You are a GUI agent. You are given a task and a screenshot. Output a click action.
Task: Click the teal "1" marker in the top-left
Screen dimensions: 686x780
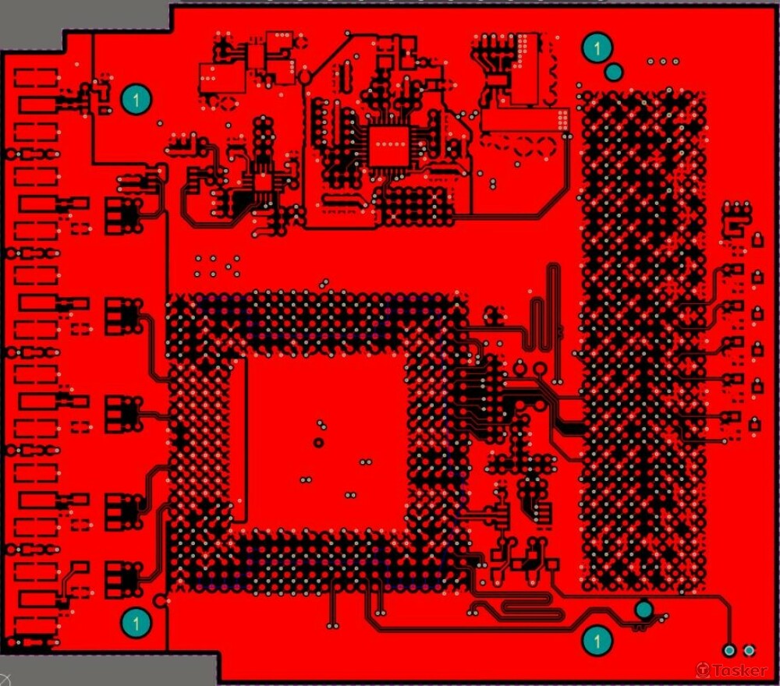(136, 99)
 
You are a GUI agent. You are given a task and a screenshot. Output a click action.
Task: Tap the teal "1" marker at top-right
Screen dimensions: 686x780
(597, 48)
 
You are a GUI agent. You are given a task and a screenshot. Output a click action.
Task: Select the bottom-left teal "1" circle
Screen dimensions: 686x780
(136, 622)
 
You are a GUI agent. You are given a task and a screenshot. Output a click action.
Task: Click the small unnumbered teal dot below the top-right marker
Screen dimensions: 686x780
(614, 72)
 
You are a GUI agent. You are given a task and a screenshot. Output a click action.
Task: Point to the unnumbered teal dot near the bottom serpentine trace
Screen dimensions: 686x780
(643, 609)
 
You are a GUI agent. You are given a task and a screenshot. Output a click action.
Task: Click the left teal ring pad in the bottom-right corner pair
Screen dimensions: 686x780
(729, 650)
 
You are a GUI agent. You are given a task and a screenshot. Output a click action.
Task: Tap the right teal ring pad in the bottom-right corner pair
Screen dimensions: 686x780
(749, 650)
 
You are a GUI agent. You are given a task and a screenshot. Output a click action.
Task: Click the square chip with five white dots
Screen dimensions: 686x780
(388, 145)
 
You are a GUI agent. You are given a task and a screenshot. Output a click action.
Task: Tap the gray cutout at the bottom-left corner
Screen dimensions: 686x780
(109, 669)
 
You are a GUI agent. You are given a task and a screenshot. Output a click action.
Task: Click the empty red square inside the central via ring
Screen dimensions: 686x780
(324, 440)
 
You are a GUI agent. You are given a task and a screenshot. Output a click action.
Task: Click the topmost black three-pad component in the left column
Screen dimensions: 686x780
(121, 212)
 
